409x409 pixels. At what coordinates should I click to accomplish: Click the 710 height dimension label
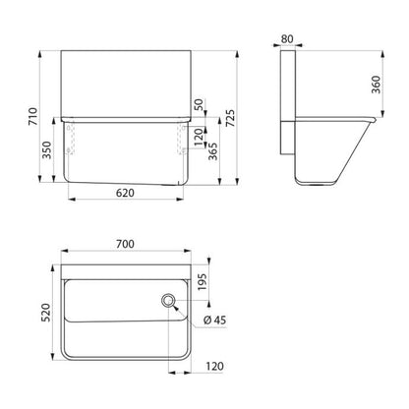(33, 117)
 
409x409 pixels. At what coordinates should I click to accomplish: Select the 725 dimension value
(230, 118)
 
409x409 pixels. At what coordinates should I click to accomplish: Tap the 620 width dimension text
(125, 193)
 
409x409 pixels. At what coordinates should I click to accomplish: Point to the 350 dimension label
(47, 149)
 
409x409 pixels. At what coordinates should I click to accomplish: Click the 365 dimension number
(213, 150)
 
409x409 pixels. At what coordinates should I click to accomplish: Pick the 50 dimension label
(199, 105)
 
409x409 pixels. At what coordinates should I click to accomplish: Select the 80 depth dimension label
(287, 39)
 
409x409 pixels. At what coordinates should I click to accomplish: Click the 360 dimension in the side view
(377, 85)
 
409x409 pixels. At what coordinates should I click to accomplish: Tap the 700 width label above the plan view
(125, 244)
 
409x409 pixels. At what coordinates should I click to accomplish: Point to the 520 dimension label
(46, 313)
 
